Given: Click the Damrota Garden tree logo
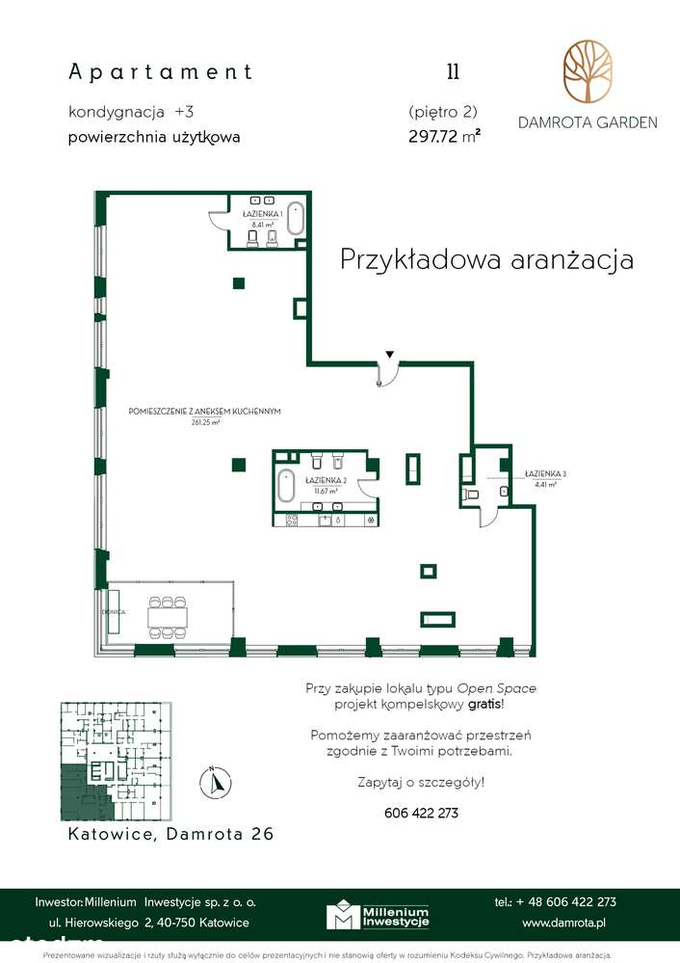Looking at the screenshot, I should click(587, 72).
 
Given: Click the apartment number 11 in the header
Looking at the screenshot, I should click(452, 71).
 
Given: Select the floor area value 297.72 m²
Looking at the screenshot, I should click(444, 137).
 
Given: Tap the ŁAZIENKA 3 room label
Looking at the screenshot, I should click(545, 473).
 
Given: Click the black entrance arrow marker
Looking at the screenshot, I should click(389, 355).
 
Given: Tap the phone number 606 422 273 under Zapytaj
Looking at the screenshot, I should click(421, 813).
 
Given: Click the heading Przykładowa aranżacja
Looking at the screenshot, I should click(486, 259).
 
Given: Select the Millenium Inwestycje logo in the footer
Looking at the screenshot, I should click(377, 917).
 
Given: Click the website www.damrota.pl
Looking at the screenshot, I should click(563, 923).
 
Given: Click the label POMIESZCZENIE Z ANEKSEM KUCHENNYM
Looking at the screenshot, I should click(204, 412).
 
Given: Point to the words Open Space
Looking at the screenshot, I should click(496, 688).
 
